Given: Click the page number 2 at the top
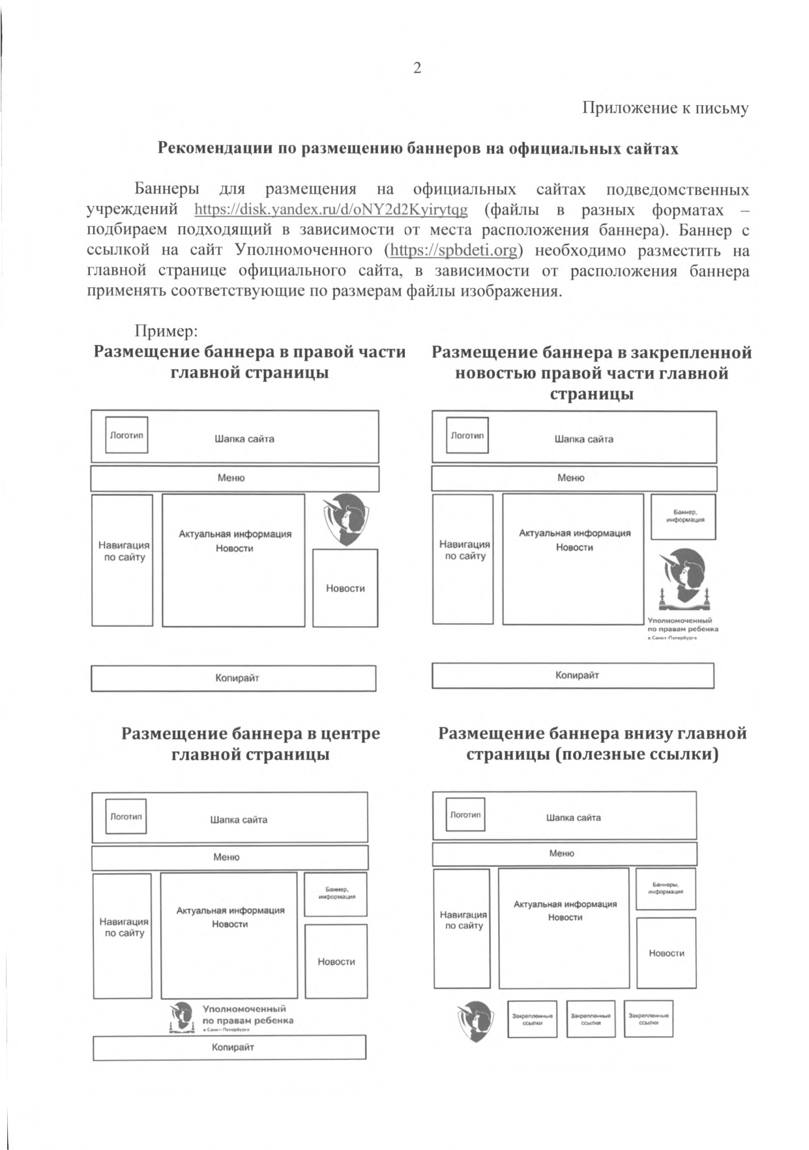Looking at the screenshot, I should click(417, 68).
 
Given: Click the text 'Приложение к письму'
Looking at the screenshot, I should click(665, 108).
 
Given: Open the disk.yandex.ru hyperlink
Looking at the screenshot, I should click(331, 210).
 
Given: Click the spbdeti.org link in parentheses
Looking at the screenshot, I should click(454, 250).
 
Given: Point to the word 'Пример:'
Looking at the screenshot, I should click(166, 331).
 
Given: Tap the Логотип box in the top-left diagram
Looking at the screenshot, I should click(126, 435).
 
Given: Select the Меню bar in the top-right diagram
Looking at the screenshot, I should click(574, 478).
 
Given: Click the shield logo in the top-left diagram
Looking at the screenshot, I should click(346, 519).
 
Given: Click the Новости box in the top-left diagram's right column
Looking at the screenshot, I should click(345, 588).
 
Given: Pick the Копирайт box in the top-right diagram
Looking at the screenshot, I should click(572, 675).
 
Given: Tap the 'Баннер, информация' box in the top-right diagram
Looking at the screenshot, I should click(683, 516).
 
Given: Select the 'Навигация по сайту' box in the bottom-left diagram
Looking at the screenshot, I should click(123, 927).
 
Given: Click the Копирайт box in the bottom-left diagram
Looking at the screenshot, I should click(229, 1047).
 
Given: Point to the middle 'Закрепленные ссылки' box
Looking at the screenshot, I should click(590, 1019).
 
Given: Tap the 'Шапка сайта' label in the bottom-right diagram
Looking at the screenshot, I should click(573, 818).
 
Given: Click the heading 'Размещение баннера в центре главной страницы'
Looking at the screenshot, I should click(250, 743).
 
